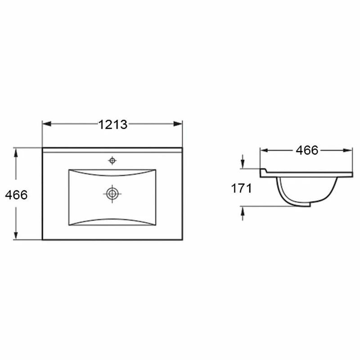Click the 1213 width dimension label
(x=113, y=125)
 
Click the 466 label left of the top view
(x=16, y=195)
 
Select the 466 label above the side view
(x=307, y=150)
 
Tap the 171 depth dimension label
(x=241, y=189)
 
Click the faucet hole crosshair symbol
(x=112, y=161)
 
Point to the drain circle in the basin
(x=112, y=194)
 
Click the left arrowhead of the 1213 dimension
(x=47, y=124)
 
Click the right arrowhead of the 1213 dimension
(x=178, y=124)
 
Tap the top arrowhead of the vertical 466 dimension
(x=16, y=153)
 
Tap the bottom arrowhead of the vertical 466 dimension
(x=16, y=235)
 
